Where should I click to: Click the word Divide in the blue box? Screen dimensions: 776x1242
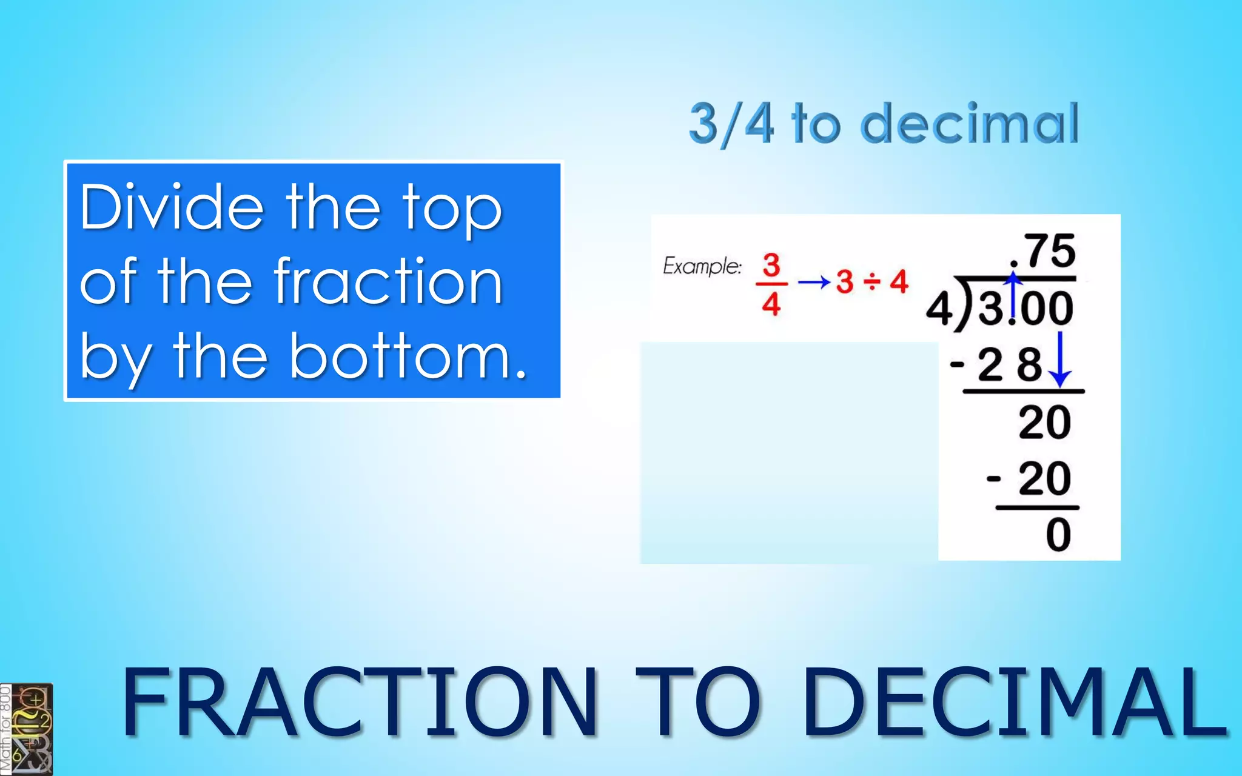click(172, 207)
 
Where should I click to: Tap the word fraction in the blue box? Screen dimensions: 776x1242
click(388, 281)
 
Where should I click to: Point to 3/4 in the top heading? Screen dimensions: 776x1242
click(731, 124)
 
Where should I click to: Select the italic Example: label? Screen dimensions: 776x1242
click(702, 266)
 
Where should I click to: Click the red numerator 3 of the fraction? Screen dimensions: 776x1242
click(771, 265)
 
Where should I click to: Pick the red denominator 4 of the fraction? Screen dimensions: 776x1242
click(771, 303)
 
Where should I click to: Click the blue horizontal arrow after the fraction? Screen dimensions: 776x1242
click(813, 282)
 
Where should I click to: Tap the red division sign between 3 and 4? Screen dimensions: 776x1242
click(871, 282)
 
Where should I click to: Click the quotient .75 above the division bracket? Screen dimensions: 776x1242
click(1044, 251)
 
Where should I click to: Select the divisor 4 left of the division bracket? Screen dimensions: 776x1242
click(938, 309)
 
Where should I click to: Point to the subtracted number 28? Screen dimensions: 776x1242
click(1009, 365)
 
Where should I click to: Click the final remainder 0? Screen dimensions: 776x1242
click(1058, 535)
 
